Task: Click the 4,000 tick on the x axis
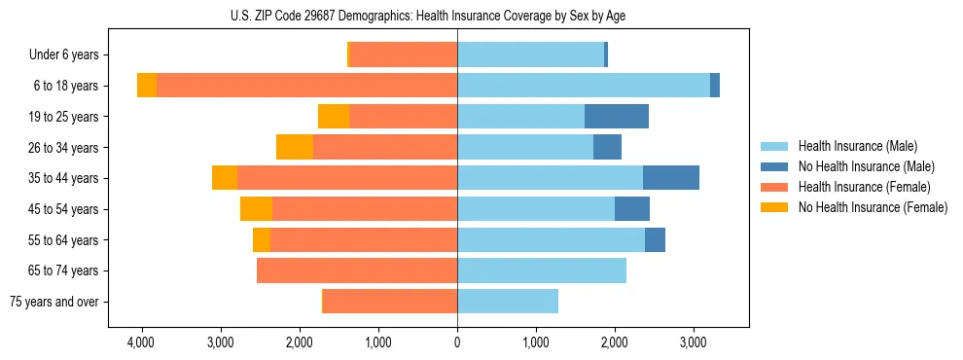pyautogui.click(x=141, y=343)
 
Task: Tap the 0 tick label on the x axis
pyautogui.click(x=457, y=343)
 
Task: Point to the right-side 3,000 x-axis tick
pyautogui.click(x=693, y=343)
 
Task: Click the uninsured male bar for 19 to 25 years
pyautogui.click(x=617, y=117)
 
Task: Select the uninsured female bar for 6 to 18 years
pyautogui.click(x=147, y=86)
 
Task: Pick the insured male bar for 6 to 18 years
pyautogui.click(x=584, y=86)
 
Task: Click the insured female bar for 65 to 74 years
pyautogui.click(x=357, y=270)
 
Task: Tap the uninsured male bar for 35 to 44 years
pyautogui.click(x=671, y=178)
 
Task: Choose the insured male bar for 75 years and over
pyautogui.click(x=508, y=302)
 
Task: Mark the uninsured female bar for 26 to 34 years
pyautogui.click(x=295, y=147)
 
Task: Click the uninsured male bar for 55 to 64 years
pyautogui.click(x=655, y=239)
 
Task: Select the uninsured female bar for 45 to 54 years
pyautogui.click(x=256, y=209)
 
